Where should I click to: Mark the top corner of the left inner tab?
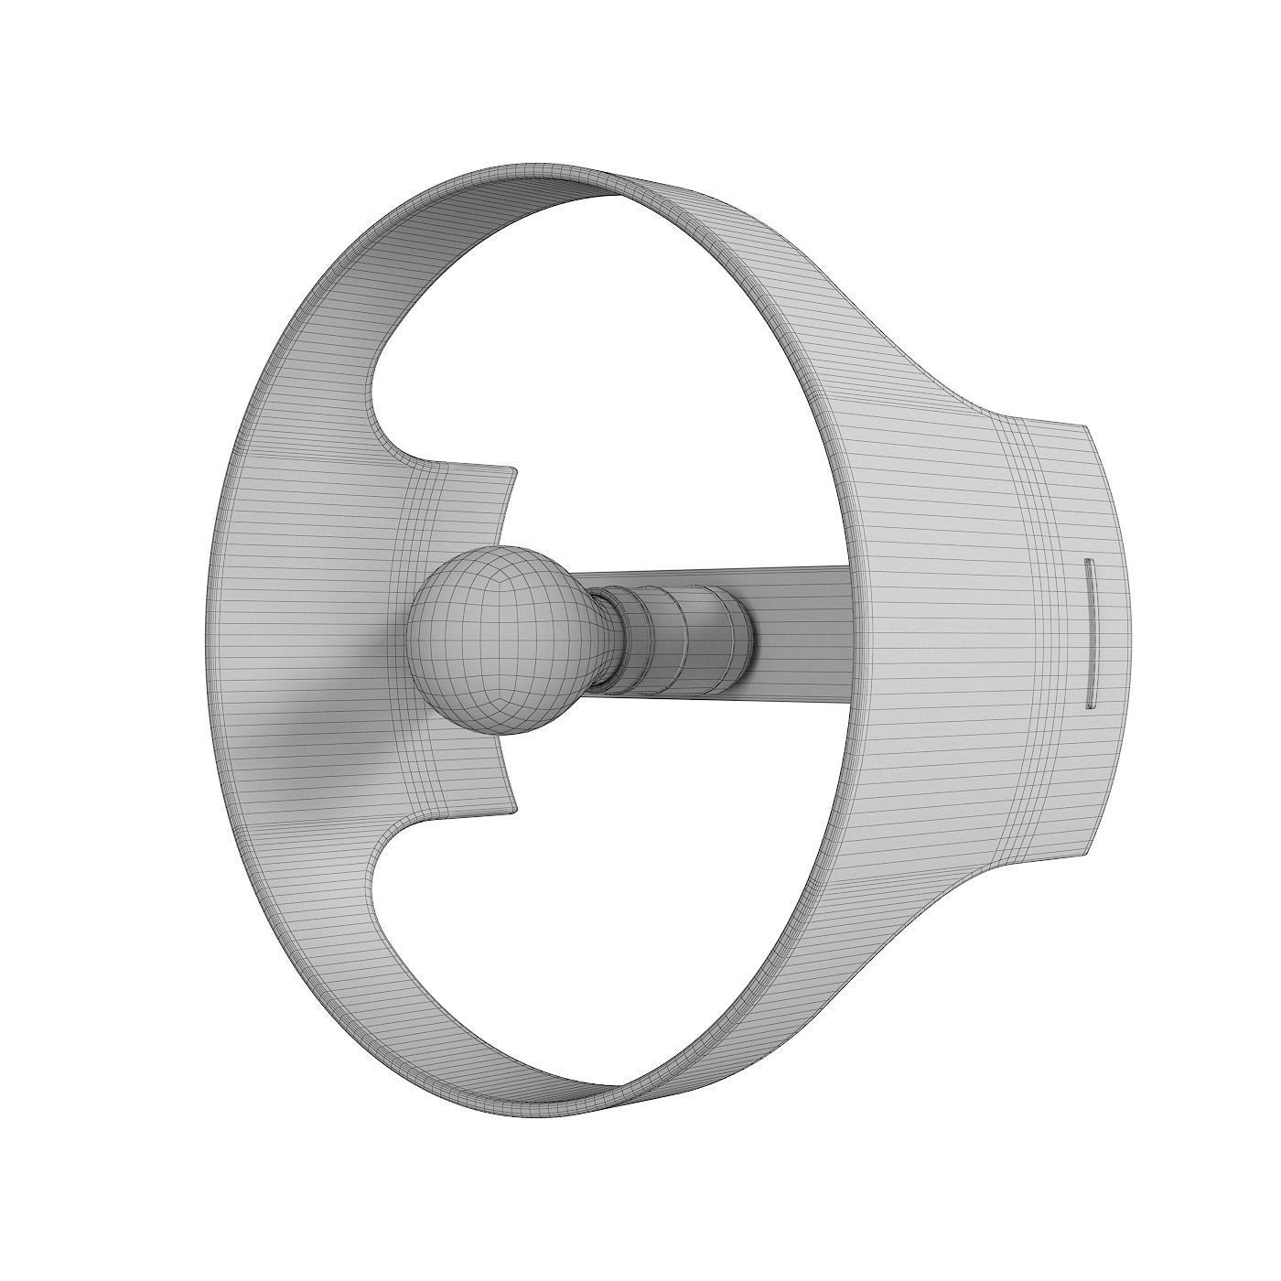coord(514,471)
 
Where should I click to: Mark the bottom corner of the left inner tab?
coord(514,808)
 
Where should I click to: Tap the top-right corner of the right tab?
coord(1085,426)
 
